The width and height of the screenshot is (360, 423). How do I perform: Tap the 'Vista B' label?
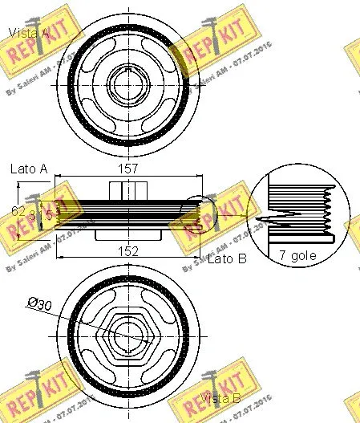point(220,399)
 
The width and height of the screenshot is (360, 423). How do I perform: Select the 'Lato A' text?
point(29,169)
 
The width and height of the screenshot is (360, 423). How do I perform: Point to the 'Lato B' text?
point(226,259)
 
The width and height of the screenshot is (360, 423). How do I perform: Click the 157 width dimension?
point(128,169)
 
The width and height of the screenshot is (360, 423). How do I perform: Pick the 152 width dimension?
point(128,250)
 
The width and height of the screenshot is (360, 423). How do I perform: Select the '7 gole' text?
point(297,256)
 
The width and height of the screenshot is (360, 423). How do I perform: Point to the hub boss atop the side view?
point(128,190)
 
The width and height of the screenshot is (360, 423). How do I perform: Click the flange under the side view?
point(128,236)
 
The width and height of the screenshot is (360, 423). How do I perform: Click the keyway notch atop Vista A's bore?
point(128,70)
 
